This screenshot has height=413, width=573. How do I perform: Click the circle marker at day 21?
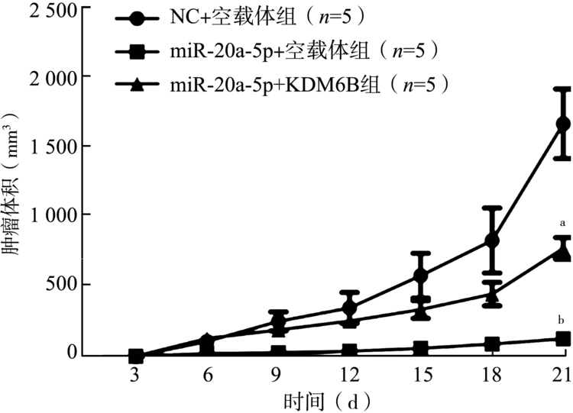tap(564, 124)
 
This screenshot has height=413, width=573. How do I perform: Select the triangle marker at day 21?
tap(564, 251)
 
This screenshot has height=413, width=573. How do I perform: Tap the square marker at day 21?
tap(564, 338)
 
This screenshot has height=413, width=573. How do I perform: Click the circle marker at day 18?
tap(492, 240)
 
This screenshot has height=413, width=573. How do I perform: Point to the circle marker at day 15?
tap(420, 276)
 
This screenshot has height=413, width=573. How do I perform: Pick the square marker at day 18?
tap(492, 344)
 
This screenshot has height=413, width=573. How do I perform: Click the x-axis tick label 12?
tap(348, 375)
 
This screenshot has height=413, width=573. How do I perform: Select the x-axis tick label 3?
tap(135, 375)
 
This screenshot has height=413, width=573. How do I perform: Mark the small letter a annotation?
tap(562, 224)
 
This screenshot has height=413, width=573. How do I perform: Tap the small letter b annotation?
tap(562, 319)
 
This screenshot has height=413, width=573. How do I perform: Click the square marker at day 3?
tap(136, 356)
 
